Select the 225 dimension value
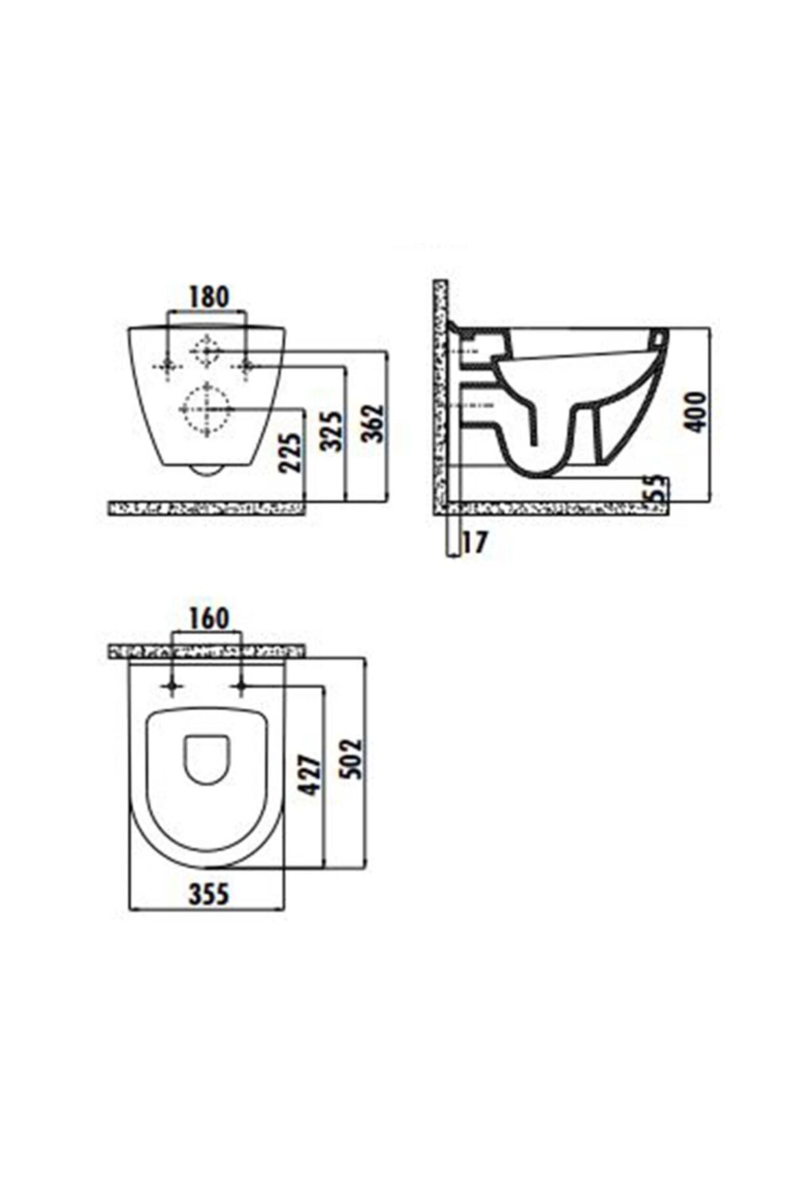[290, 453]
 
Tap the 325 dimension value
[332, 431]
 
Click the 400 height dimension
[696, 411]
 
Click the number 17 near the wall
[476, 543]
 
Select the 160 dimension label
[208, 618]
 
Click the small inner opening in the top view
[207, 758]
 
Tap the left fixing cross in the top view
[172, 686]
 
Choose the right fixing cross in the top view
[241, 686]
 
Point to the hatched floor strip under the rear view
[207, 508]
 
